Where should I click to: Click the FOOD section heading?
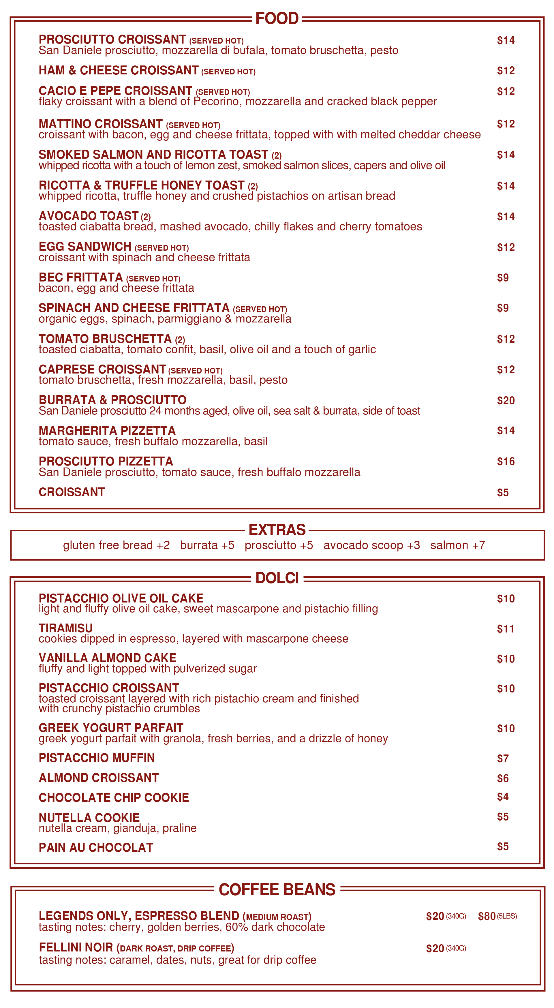point(277,18)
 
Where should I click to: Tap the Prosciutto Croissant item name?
point(112,40)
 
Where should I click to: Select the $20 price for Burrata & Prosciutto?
point(506,400)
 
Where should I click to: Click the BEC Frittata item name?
point(80,277)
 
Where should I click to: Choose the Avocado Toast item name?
point(89,216)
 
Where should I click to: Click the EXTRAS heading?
point(277,530)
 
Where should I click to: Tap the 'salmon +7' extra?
point(457,545)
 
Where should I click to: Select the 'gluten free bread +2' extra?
point(116,545)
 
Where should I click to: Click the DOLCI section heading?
point(277,578)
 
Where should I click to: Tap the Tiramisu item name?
point(66,628)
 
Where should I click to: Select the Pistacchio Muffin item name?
point(97,758)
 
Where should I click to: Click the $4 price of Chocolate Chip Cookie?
point(503,796)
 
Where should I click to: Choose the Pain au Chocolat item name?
point(96,847)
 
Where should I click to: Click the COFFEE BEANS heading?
point(277,889)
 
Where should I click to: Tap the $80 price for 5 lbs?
point(487,916)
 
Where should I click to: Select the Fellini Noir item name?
point(76,947)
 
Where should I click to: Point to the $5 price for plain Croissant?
point(503,492)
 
